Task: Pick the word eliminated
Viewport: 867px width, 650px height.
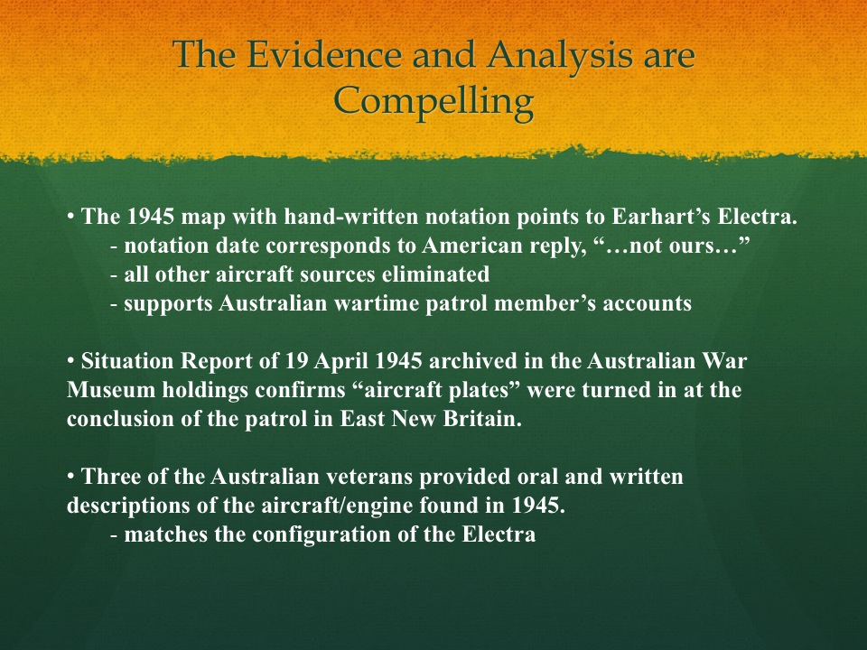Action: pos(435,274)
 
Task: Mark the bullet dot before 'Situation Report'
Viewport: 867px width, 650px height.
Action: pos(70,361)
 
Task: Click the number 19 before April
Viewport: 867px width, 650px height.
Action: pos(297,361)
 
